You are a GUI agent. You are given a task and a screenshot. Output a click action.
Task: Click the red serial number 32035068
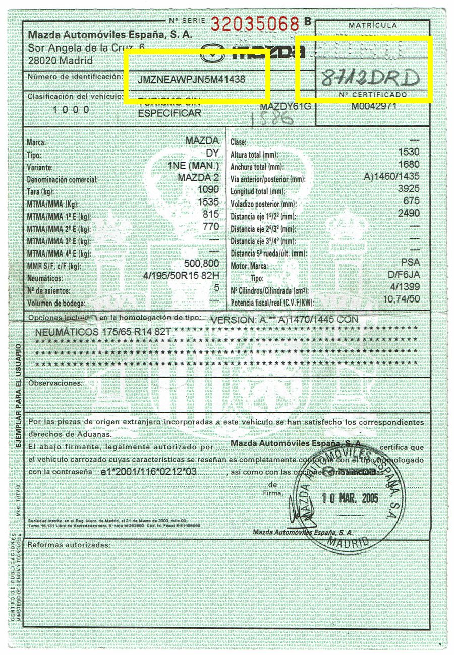255,23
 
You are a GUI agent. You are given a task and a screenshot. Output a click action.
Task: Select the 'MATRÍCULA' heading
372,25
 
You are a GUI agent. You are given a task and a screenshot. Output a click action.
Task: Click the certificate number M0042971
373,106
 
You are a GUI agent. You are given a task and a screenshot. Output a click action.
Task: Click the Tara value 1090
209,191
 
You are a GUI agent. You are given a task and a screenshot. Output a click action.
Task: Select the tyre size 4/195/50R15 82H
181,276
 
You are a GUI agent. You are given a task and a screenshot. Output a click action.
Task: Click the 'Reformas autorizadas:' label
68,545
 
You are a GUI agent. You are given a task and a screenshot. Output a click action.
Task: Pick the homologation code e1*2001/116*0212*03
148,471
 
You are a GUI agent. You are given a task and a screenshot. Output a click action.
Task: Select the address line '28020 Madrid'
61,61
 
